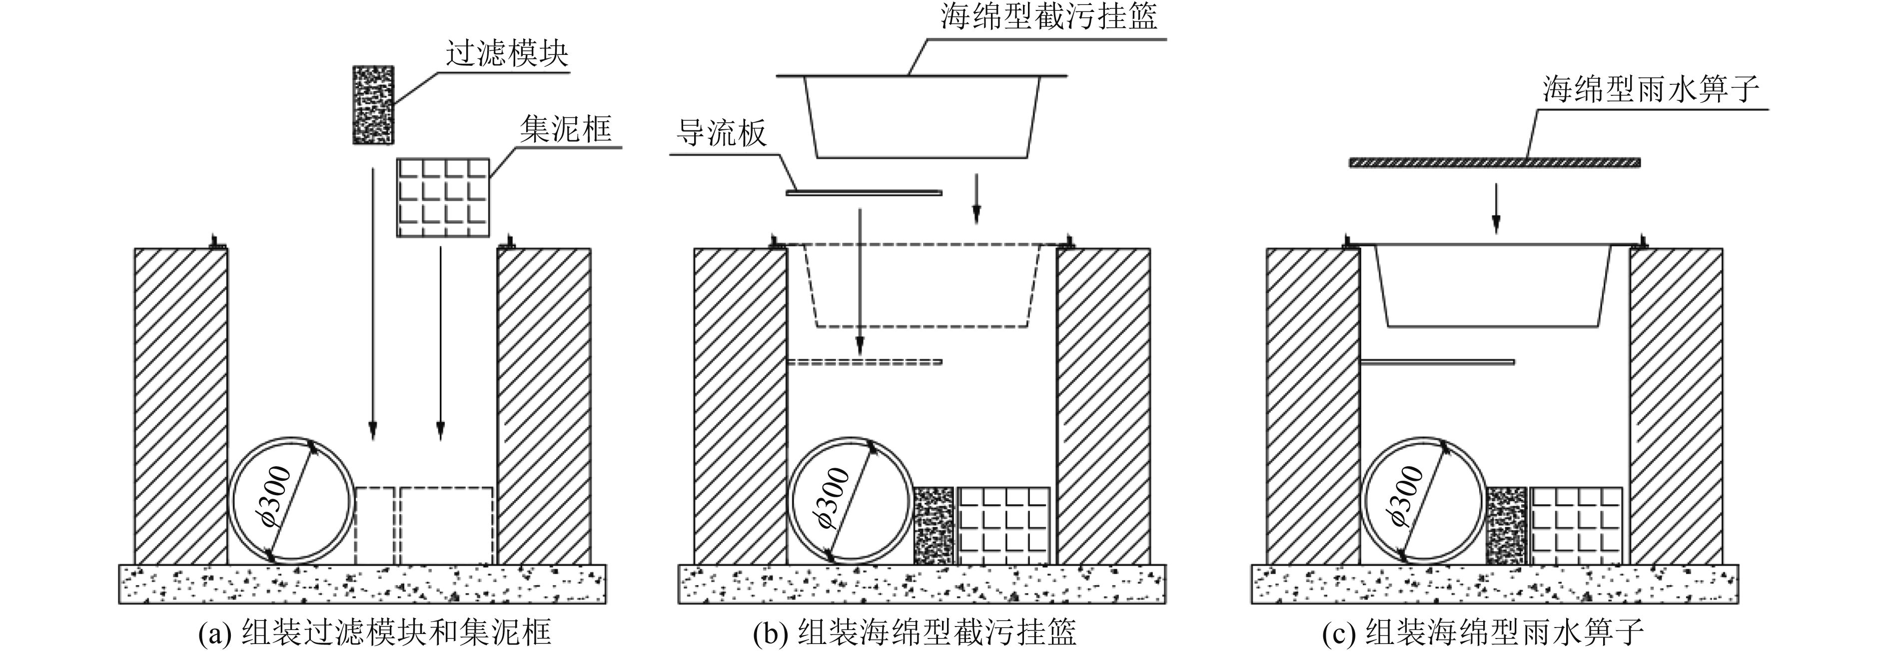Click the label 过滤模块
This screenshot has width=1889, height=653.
coord(507,53)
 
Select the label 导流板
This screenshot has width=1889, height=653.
coord(721,133)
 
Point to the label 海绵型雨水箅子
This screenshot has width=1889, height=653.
coord(1650,89)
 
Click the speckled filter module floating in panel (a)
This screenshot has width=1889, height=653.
coord(373,104)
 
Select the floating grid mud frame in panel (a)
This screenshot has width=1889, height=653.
coord(443,197)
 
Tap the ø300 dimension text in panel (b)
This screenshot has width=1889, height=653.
coord(834,498)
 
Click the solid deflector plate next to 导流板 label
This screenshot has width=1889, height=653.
coord(863,193)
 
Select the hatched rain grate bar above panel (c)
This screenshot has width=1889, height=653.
coord(1495,162)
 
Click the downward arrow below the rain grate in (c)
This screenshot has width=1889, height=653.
coord(1497,208)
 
